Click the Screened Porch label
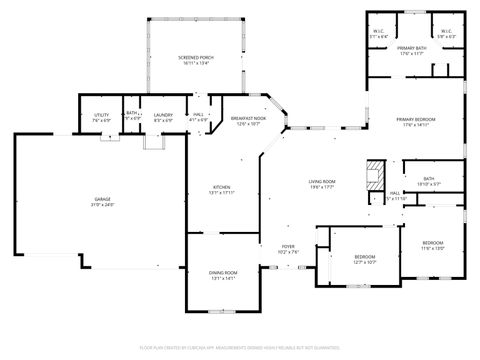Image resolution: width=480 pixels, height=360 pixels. pos(195,57)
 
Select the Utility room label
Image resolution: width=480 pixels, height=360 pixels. pos(100,115)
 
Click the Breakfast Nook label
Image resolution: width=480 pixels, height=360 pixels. pos(246,119)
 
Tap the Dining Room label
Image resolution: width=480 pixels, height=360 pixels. pos(223,272)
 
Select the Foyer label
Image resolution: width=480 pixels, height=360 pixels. pos(287,246)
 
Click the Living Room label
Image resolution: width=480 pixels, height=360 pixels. pos(321,181)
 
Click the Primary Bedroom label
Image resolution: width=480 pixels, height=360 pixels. pos(421,119)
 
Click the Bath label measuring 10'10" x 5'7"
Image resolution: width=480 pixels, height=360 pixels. pos(428,179)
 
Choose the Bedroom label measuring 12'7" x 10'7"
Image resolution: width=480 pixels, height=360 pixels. pos(365,258)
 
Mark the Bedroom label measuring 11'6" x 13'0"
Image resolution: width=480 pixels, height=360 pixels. pos(432,243)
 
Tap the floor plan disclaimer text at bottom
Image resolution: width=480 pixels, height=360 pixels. pos(240,349)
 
